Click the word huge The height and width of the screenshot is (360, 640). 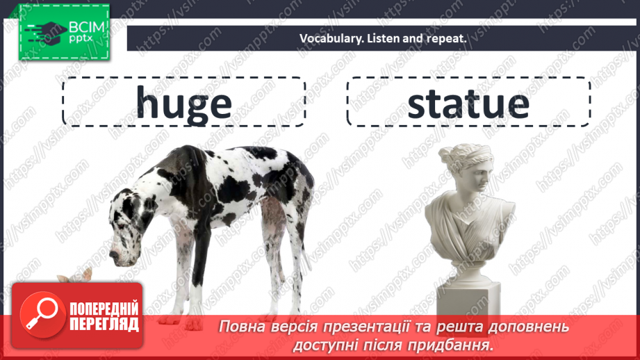click(183, 103)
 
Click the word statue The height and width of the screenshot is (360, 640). click(468, 103)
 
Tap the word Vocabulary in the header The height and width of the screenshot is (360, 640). click(327, 39)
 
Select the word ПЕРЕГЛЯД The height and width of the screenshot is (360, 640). click(104, 324)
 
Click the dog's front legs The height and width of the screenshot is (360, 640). click(199, 278)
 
